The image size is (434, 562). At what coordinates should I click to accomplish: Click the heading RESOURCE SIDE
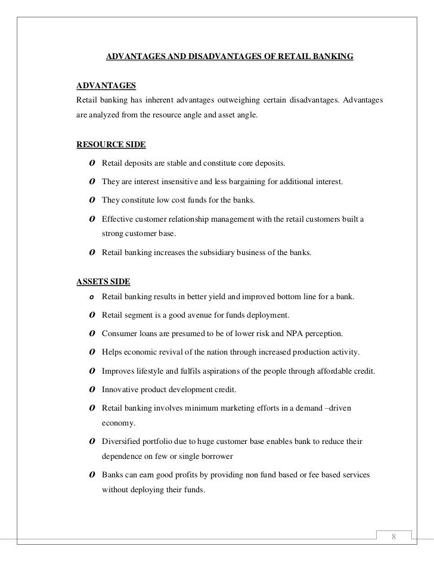(x=111, y=144)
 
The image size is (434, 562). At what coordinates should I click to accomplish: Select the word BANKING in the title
(x=333, y=57)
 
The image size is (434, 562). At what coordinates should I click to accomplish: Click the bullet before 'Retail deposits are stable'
(x=88, y=163)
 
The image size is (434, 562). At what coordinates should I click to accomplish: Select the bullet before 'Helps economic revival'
(x=88, y=352)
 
